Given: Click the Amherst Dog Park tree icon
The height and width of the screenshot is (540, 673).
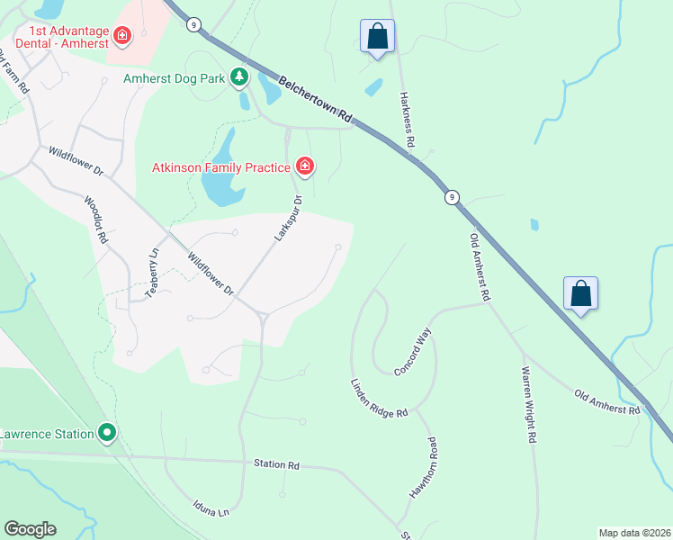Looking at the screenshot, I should [x=239, y=78].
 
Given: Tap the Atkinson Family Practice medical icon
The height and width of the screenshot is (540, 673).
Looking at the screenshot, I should [x=305, y=166].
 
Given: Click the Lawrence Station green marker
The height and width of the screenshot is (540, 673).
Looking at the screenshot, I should [x=107, y=434].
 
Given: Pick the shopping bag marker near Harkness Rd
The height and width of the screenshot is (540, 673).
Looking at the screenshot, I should [x=377, y=38].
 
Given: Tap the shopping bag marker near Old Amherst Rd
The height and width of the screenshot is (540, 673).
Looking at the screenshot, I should [x=580, y=293].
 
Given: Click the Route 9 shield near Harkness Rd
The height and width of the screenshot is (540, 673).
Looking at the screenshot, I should [x=451, y=197].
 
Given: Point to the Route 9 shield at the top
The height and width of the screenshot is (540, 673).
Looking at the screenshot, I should [x=193, y=24].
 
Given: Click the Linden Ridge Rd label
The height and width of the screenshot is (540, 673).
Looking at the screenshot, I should [x=379, y=398].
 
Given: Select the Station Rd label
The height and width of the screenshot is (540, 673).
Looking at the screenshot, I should [x=276, y=465].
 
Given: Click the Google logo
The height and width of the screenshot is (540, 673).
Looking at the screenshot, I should [x=30, y=529].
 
